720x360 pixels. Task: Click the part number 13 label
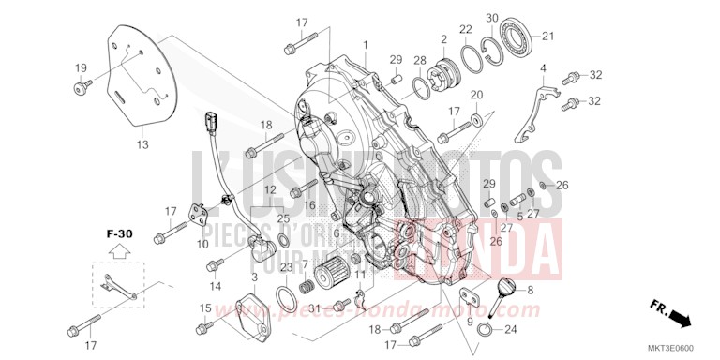tap(142, 144)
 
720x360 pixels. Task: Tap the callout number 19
tap(81, 67)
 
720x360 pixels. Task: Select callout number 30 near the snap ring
tap(492, 19)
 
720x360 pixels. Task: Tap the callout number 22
tap(466, 31)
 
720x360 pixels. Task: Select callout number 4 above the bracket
tap(542, 68)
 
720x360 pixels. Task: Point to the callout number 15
tap(205, 307)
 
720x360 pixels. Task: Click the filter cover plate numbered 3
tap(247, 308)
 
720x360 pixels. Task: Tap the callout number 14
tap(216, 285)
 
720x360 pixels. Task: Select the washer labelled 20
tap(477, 118)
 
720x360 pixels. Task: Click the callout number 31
tap(315, 308)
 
